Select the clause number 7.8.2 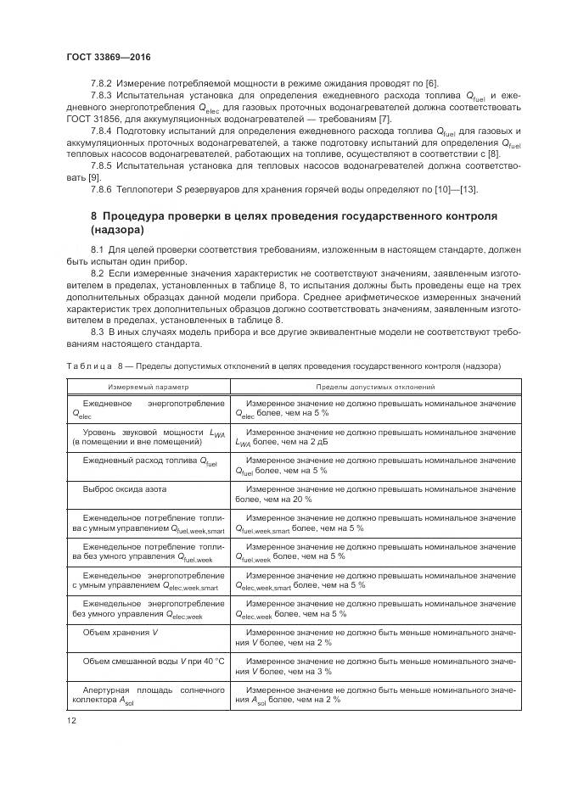(101, 82)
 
